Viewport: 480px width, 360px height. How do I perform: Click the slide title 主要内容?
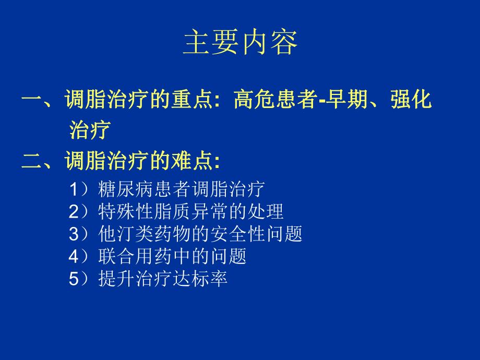240,43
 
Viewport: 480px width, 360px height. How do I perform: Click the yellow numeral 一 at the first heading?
32,99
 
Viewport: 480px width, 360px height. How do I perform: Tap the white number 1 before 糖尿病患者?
73,188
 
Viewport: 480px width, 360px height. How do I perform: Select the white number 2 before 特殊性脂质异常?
73,211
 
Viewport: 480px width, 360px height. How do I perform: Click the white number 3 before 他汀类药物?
73,234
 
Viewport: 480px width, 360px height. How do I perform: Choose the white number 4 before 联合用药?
73,257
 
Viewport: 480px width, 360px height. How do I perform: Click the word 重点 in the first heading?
193,99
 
